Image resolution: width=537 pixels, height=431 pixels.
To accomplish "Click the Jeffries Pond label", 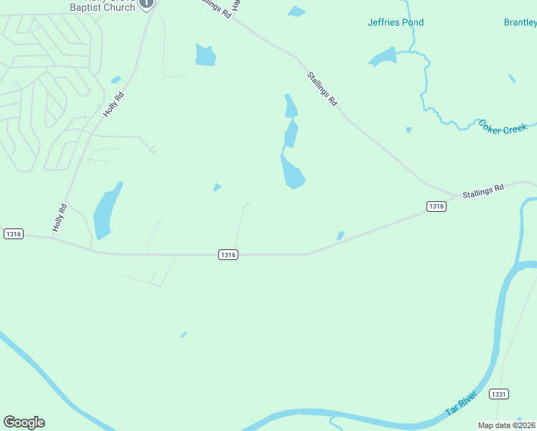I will coord(396,22).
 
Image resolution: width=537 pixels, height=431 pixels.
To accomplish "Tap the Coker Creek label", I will coord(503,126).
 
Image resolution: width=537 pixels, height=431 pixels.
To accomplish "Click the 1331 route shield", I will coord(499,394).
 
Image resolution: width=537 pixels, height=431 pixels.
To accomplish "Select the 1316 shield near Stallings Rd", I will coord(436,206).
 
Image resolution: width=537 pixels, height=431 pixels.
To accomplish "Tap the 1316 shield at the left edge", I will coord(13,233).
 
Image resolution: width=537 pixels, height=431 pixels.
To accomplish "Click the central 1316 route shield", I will coord(228,254).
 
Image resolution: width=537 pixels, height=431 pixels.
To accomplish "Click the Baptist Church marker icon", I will coord(146,4).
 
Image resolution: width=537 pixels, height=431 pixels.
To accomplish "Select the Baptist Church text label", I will coord(102,7).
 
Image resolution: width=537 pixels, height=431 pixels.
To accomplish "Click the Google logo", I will coord(24,422).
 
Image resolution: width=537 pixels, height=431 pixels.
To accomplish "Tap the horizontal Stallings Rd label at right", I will coord(483,190).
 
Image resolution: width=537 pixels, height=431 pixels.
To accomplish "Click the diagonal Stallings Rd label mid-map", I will coord(322,88).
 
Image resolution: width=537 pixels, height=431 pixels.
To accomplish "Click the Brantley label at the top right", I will coord(520,22).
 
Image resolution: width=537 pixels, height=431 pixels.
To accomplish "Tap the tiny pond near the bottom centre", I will coord(184,335).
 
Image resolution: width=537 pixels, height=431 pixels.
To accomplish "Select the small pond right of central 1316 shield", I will coord(340,236).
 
